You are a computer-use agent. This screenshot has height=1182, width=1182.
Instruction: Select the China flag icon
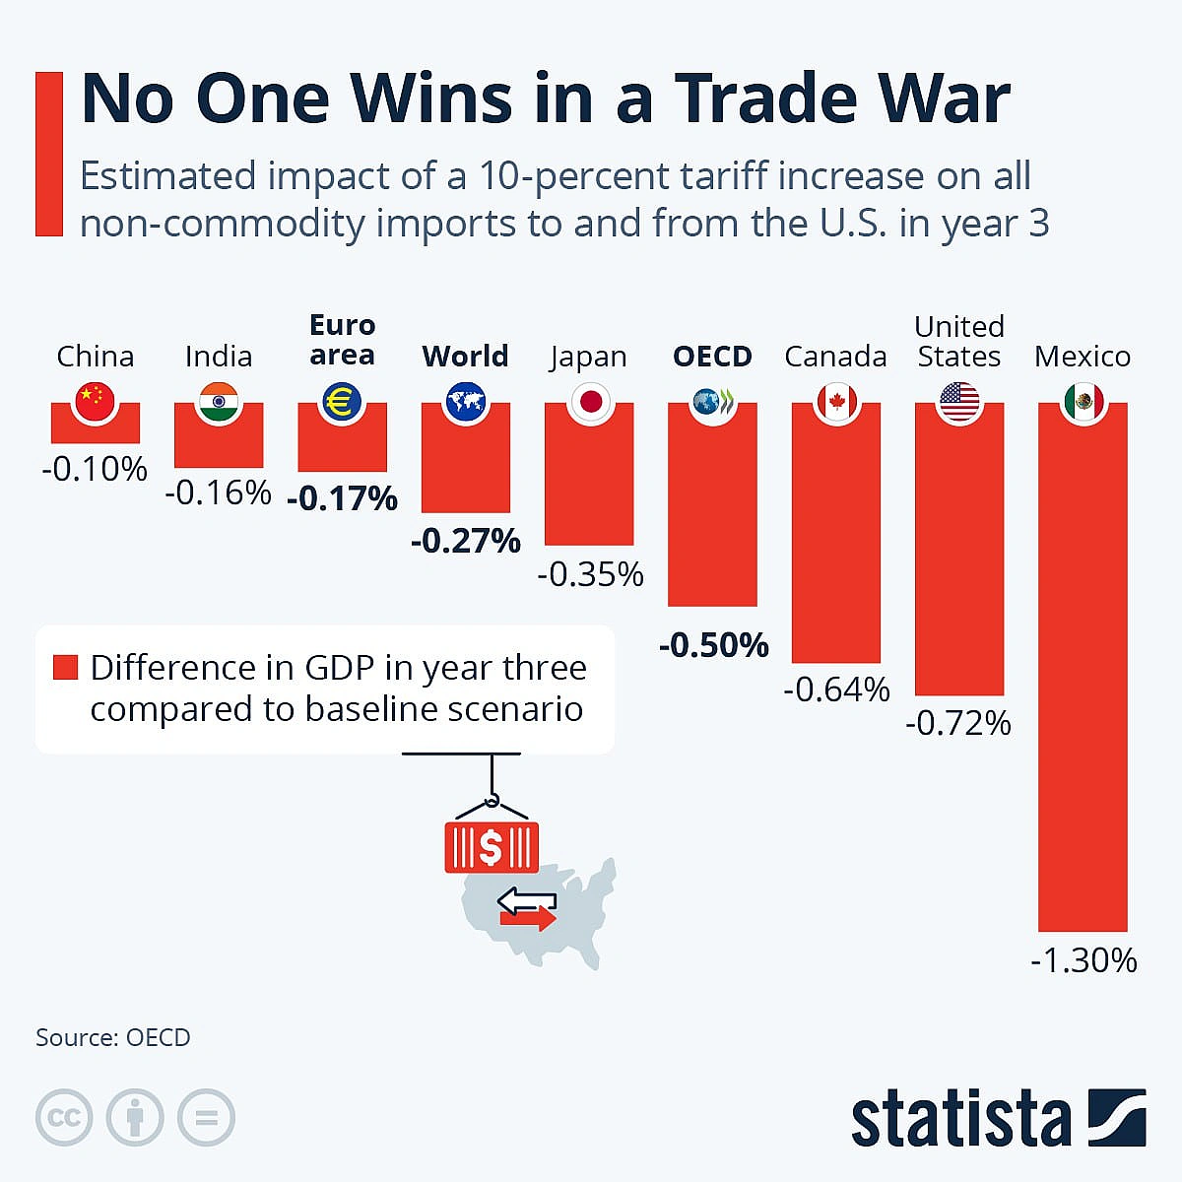click(x=96, y=402)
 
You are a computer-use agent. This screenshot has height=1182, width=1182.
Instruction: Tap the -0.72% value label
click(x=958, y=723)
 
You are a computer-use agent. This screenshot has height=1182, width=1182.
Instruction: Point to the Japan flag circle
click(x=591, y=402)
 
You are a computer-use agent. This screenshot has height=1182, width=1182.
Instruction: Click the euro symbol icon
click(x=342, y=402)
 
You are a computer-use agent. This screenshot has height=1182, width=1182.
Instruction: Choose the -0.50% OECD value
click(x=713, y=644)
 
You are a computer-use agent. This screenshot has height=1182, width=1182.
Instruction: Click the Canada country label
click(x=835, y=357)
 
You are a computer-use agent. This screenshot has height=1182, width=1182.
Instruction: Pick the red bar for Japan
click(x=589, y=474)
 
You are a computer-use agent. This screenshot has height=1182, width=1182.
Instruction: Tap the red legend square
click(x=66, y=668)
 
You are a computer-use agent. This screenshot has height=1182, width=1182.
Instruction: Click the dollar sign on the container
click(x=491, y=848)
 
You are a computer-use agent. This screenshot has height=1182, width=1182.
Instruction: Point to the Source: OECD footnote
click(x=113, y=1037)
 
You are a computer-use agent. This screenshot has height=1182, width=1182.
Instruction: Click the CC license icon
click(x=64, y=1117)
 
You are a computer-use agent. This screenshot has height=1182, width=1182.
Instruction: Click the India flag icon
click(x=219, y=402)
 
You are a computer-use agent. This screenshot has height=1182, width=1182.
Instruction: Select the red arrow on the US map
click(x=528, y=918)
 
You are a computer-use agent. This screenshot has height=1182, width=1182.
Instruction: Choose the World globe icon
click(x=466, y=402)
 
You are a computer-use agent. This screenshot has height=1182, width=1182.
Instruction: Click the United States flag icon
click(x=959, y=402)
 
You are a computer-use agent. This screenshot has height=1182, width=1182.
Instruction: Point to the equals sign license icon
click(x=206, y=1117)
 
